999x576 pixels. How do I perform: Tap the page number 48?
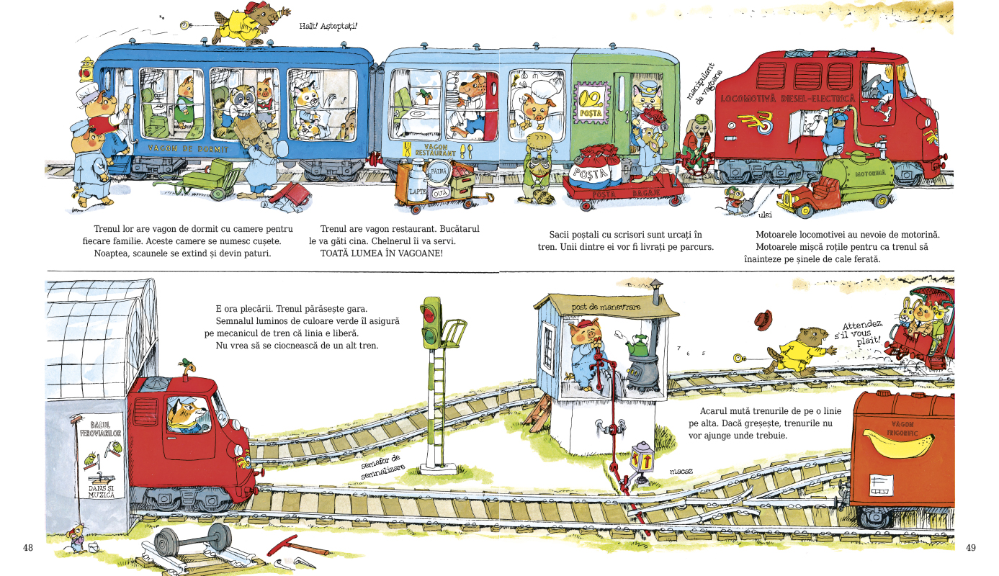point(28,548)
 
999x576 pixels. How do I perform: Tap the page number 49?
point(970,548)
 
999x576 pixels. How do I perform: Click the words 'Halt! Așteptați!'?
point(328,27)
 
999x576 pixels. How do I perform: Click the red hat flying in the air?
point(763,319)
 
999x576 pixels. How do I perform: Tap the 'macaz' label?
point(680,472)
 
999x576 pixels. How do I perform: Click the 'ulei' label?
point(765,214)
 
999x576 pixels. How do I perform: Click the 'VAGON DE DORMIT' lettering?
point(188,149)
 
